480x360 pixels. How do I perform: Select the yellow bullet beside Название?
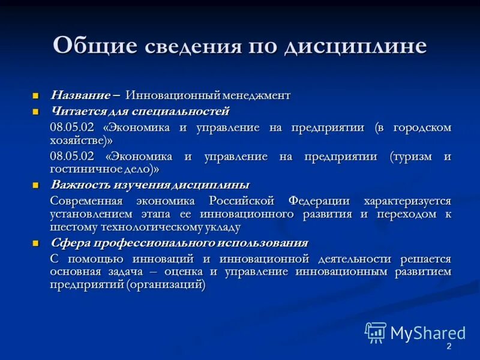point(35,96)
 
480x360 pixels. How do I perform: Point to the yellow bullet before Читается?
point(35,112)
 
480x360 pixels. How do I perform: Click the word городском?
point(422,127)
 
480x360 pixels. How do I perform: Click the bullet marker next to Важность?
point(35,185)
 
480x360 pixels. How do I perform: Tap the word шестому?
point(70,227)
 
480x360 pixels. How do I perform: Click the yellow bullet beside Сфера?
point(35,244)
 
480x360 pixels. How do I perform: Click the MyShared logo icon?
point(376,332)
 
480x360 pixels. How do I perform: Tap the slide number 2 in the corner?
point(448,348)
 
